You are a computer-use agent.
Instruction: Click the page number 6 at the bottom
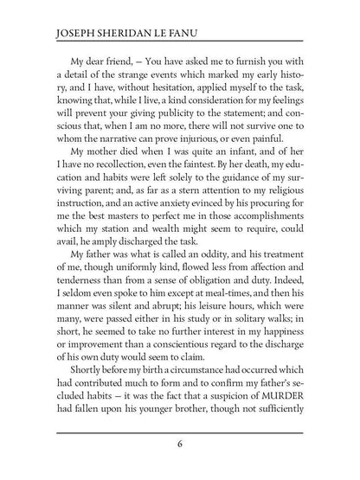pos(179,445)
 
